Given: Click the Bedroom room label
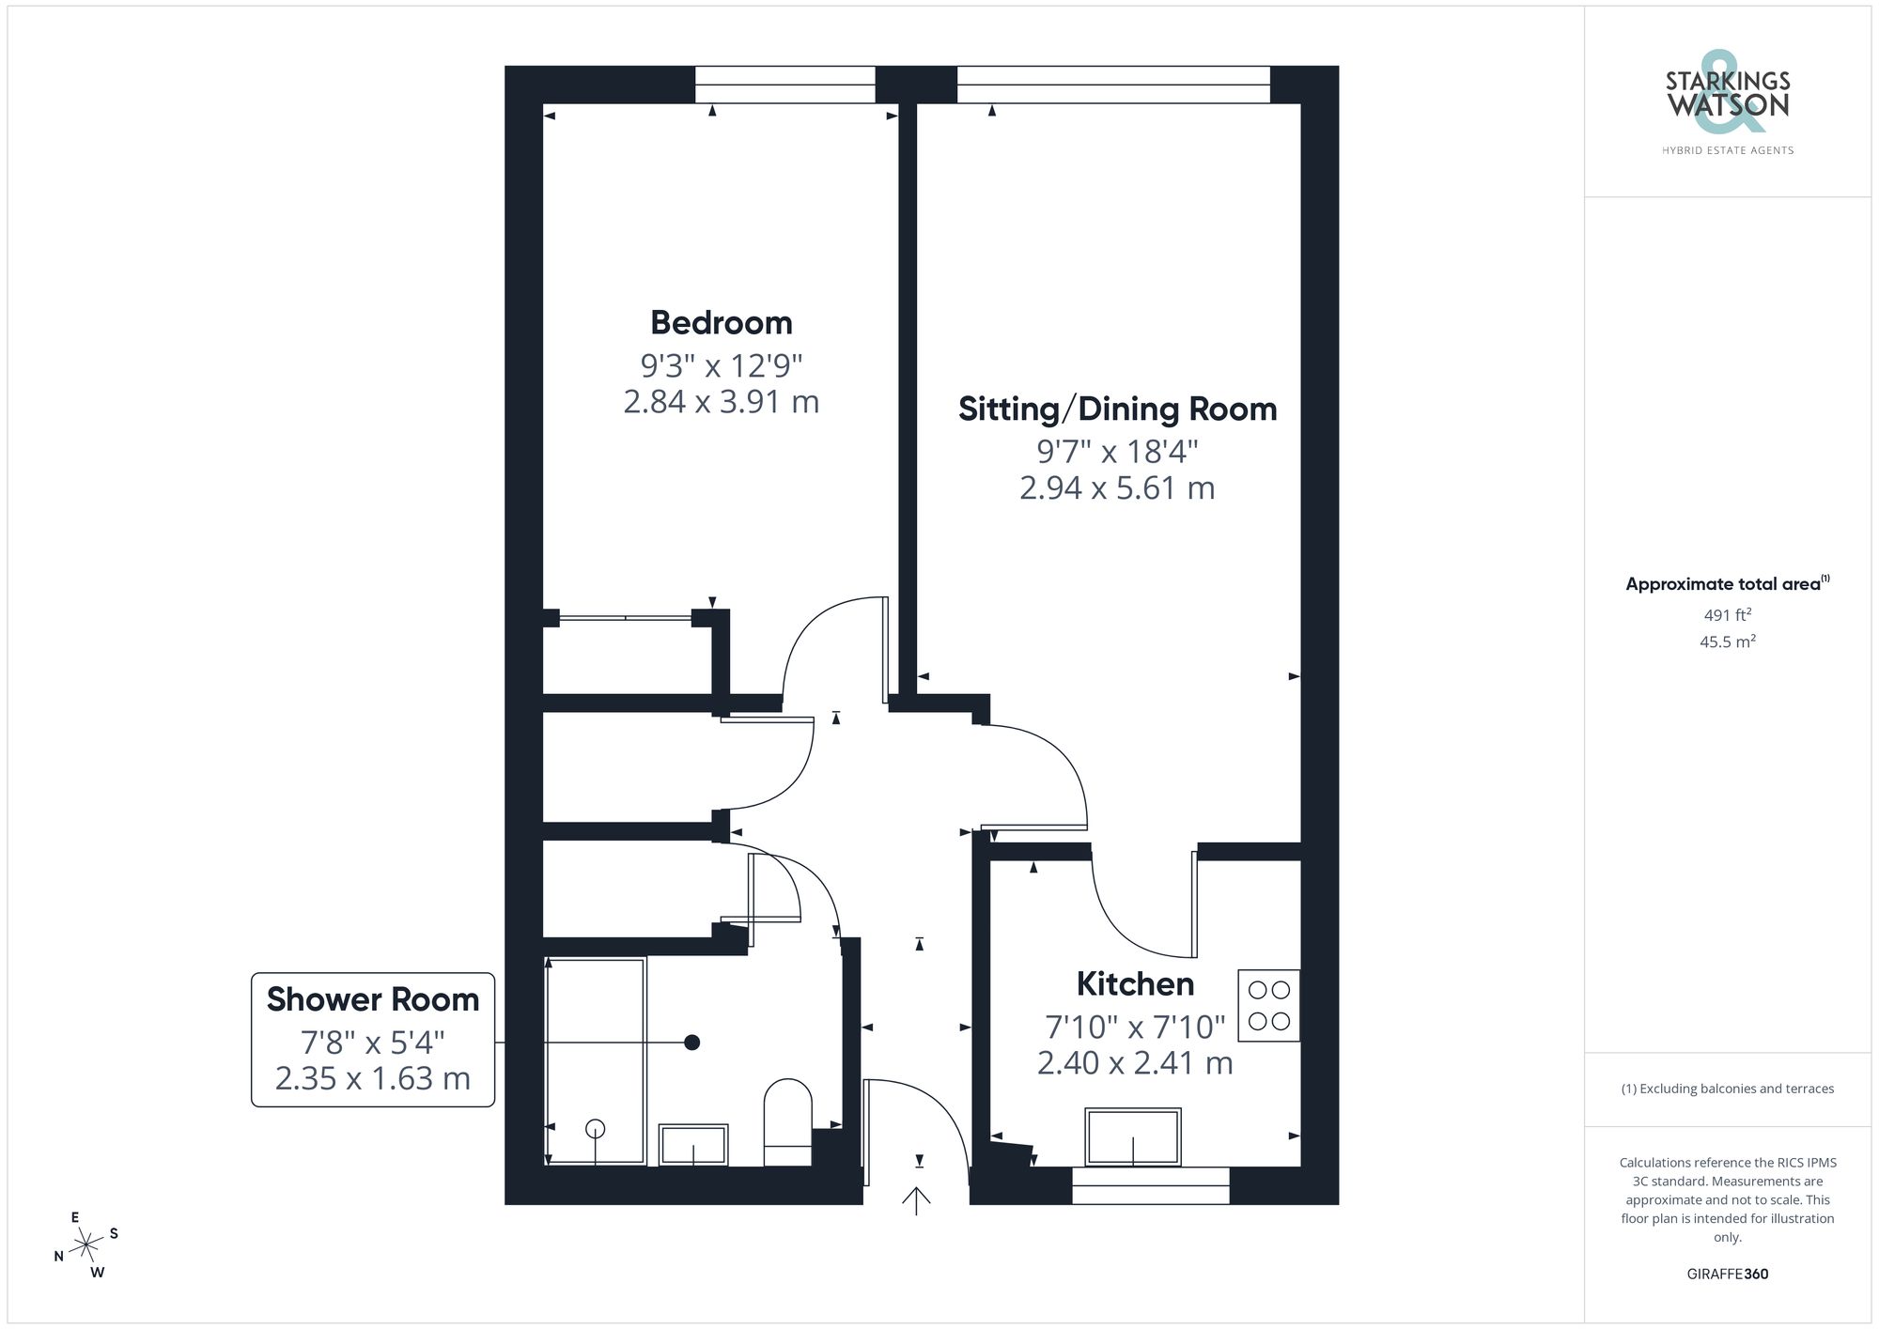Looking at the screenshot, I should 721,323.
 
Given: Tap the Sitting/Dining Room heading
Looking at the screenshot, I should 1117,410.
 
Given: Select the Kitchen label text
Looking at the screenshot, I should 1135,984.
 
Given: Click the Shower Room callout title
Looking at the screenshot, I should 373,999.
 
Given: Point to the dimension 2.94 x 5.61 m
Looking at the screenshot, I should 1117,488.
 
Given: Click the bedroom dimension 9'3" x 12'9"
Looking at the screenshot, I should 721,364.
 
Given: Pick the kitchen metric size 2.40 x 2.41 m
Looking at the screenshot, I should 1135,1063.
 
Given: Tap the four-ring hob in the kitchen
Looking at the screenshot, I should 1268,1005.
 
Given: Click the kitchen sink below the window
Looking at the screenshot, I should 1132,1136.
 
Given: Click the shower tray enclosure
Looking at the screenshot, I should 596,1060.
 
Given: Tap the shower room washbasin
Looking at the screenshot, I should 693,1144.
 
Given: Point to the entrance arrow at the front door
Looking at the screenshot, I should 916,1199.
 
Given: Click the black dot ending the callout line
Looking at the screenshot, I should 692,1043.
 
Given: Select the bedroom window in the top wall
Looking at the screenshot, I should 784,85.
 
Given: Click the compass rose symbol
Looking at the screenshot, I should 86,1245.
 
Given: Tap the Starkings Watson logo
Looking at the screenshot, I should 1727,103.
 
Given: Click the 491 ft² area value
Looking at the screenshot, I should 1727,615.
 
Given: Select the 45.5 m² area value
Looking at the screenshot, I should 1727,642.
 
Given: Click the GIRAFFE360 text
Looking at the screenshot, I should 1727,1275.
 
